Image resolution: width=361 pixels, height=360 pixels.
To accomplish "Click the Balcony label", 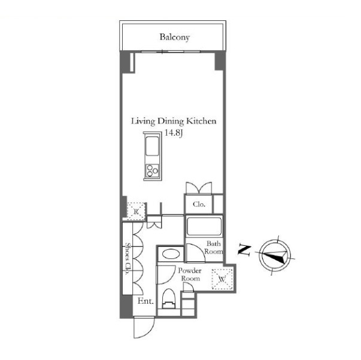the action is tap(175, 37).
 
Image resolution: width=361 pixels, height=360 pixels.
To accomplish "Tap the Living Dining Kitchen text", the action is tap(174, 121).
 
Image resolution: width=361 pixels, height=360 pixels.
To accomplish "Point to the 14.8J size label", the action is tap(174, 133).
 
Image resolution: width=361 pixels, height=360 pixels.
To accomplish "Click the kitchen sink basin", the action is tap(152, 146).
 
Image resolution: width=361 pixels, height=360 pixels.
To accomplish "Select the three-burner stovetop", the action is tap(152, 170).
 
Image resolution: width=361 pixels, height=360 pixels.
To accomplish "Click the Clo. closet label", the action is tap(199, 204).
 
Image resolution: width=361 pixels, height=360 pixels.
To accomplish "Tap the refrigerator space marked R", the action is tap(136, 211).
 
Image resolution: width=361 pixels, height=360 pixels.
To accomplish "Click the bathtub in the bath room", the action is tap(204, 227).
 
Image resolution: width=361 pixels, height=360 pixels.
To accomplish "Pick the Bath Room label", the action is tap(213, 248).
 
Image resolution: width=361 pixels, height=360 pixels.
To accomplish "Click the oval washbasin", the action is tap(171, 254).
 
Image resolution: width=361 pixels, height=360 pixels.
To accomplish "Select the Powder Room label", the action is tap(190, 274).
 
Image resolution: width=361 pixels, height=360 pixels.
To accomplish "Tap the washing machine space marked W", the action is tap(222, 279).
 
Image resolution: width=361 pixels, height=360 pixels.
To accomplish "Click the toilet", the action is tap(169, 298).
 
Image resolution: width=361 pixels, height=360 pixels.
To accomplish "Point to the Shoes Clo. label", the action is tap(127, 258).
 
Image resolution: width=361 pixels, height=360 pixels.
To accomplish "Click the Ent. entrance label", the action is tap(145, 301).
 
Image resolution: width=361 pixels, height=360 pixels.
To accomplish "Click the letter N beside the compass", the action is tap(244, 251).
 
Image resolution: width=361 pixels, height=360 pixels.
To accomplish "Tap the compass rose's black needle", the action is tap(275, 256).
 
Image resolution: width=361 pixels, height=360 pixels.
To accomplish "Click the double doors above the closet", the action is tap(199, 188).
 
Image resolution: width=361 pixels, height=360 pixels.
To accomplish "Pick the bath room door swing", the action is tap(195, 254).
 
